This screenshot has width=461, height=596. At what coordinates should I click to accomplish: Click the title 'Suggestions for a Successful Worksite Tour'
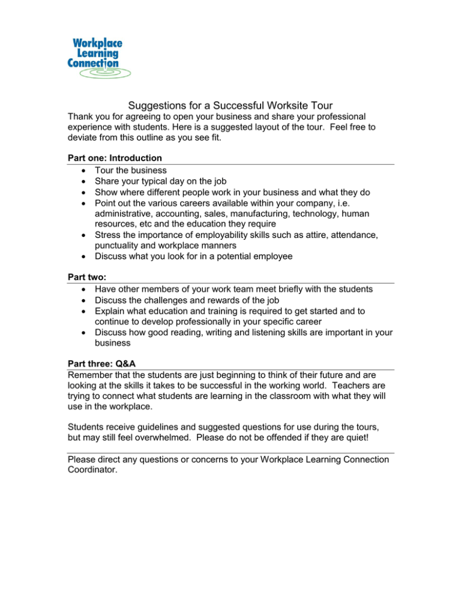tap(230, 104)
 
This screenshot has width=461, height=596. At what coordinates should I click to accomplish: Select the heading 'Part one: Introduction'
tap(115, 158)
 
